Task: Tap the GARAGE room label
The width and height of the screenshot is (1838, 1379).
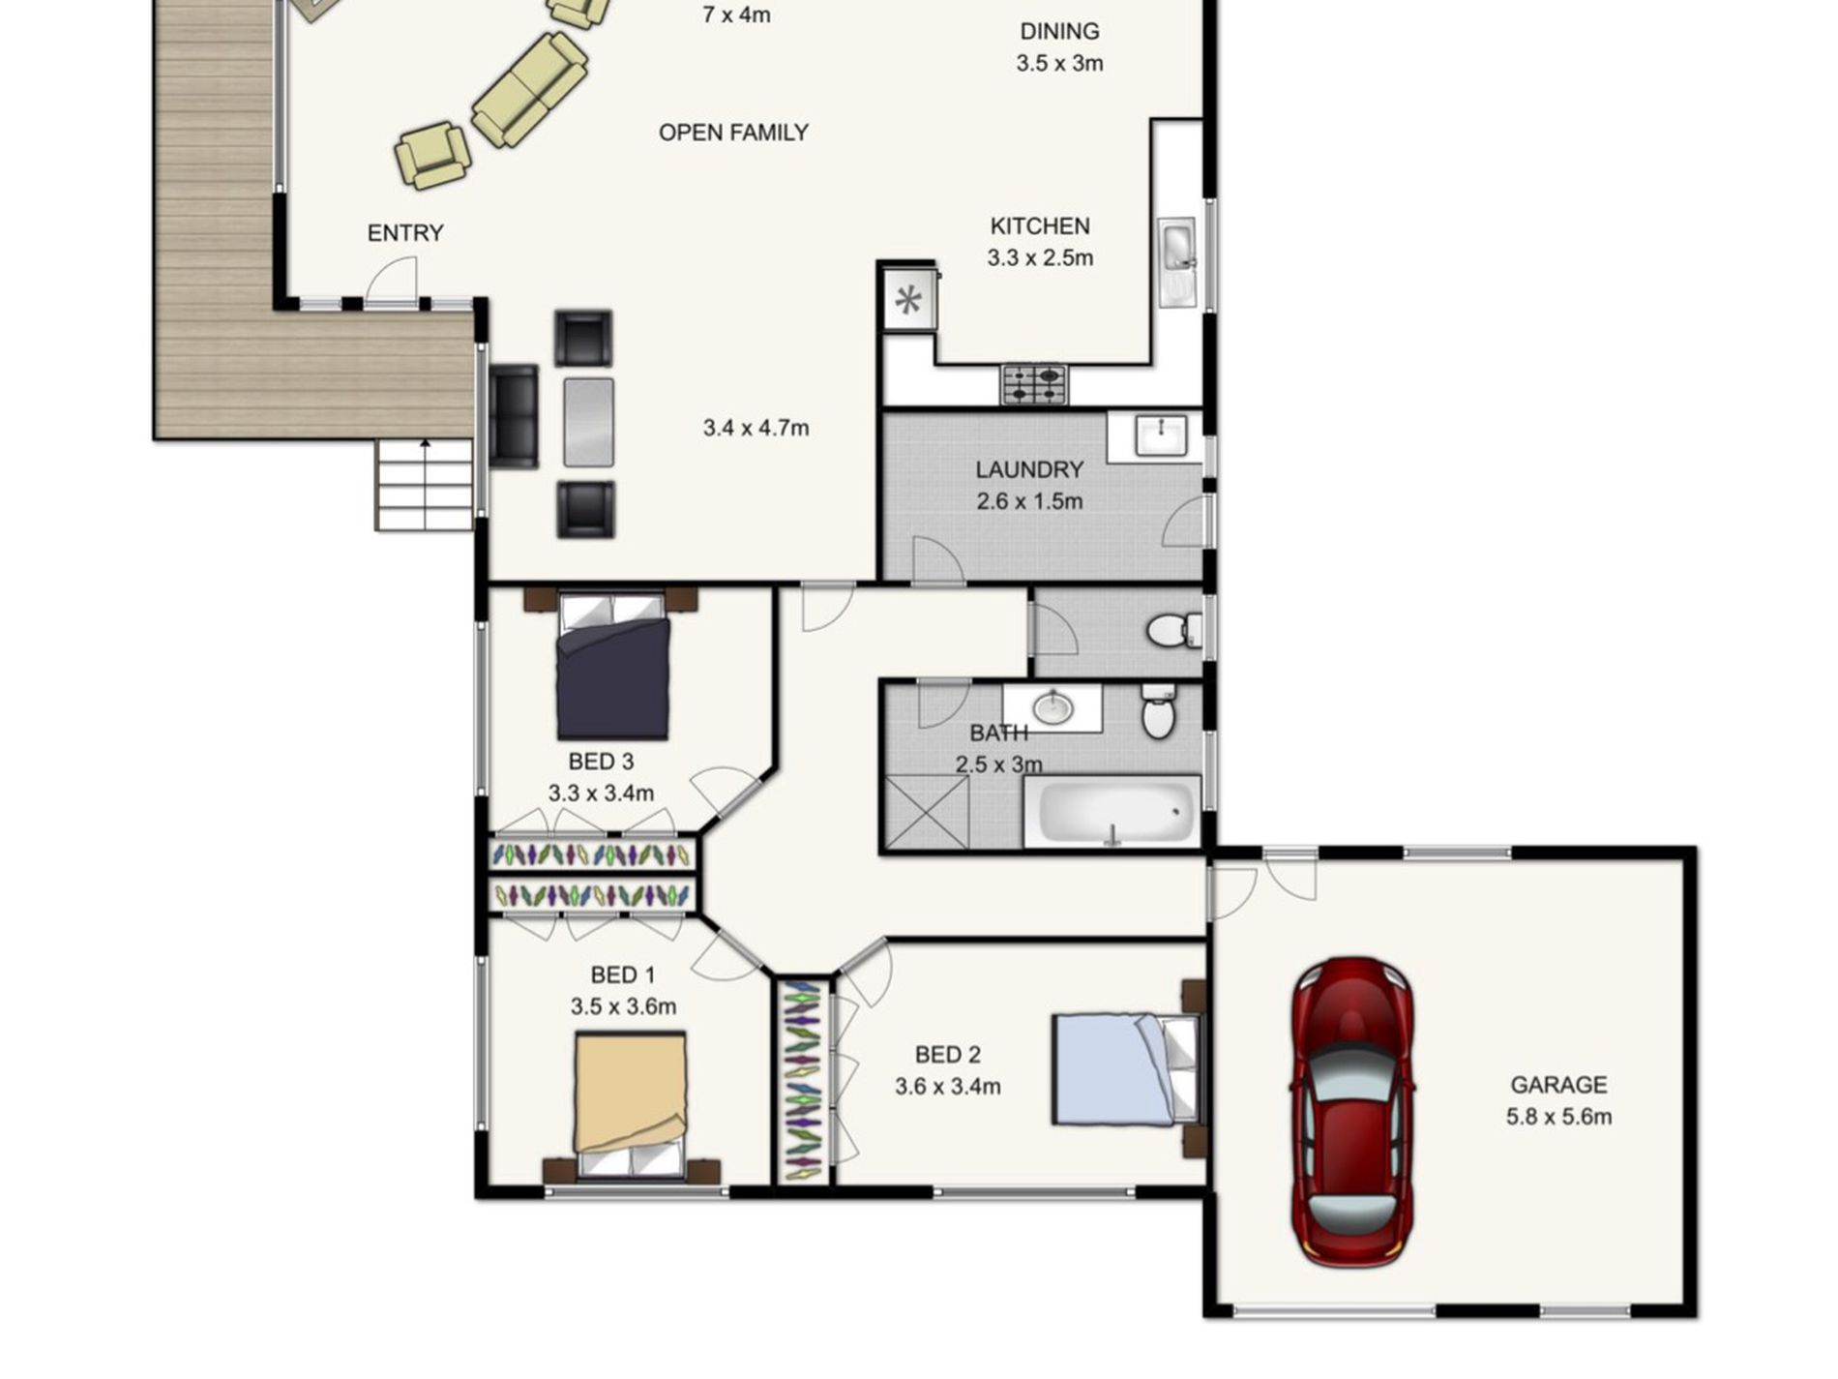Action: click(x=1558, y=1085)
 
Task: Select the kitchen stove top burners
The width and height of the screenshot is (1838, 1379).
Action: click(x=1034, y=384)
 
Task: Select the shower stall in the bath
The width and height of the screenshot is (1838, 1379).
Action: click(x=927, y=813)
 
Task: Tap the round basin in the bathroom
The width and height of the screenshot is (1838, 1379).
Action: click(x=1052, y=707)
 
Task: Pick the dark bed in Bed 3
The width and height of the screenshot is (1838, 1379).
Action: click(x=612, y=667)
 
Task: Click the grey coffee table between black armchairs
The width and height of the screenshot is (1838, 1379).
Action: click(x=588, y=422)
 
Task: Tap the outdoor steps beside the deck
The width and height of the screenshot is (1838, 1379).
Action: click(x=424, y=485)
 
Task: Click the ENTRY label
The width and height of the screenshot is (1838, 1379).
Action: click(x=405, y=233)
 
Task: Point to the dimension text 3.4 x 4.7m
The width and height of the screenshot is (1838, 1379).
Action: click(x=756, y=428)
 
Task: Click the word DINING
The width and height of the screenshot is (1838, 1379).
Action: click(x=1059, y=31)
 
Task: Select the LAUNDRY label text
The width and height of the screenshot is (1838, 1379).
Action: click(x=1029, y=469)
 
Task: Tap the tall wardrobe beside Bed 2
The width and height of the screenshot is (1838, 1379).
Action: click(x=803, y=1080)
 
